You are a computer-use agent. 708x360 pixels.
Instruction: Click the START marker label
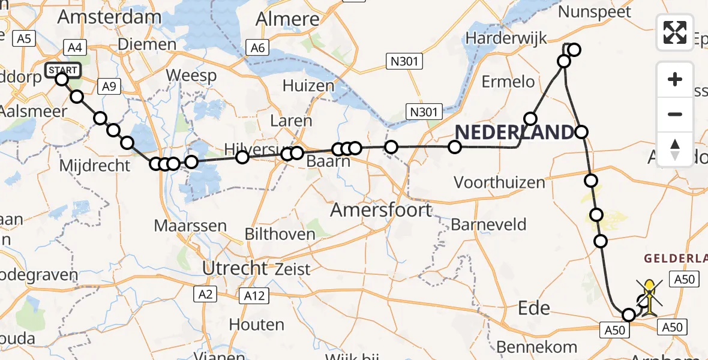[x=62, y=70]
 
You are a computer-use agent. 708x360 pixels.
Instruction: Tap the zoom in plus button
[x=675, y=80]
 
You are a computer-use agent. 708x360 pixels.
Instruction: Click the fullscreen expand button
[x=675, y=32]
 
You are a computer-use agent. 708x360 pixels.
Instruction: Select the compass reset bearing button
[x=675, y=149]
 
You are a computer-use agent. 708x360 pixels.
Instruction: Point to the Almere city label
[x=287, y=19]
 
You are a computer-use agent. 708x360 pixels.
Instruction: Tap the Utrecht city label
[x=234, y=268]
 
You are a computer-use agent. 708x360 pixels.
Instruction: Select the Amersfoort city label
[x=381, y=209]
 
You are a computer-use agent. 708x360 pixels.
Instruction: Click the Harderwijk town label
[x=506, y=38]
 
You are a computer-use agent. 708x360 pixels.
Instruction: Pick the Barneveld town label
[x=488, y=225]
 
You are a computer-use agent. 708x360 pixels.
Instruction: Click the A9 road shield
[x=108, y=86]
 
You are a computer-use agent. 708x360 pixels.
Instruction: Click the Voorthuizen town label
[x=499, y=182]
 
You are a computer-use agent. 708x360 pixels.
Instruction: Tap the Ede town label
[x=534, y=308]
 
